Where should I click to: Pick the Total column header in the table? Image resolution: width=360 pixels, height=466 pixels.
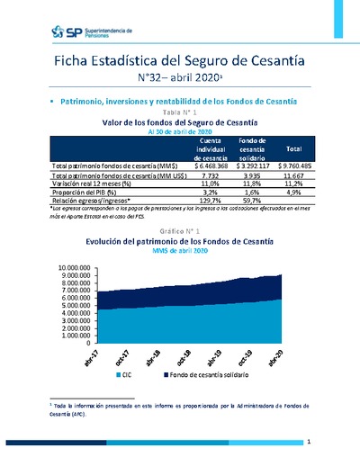point(292,149)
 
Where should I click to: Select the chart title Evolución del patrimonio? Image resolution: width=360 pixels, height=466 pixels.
point(180,242)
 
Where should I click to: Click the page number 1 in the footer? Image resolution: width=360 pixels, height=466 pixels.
point(308,443)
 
